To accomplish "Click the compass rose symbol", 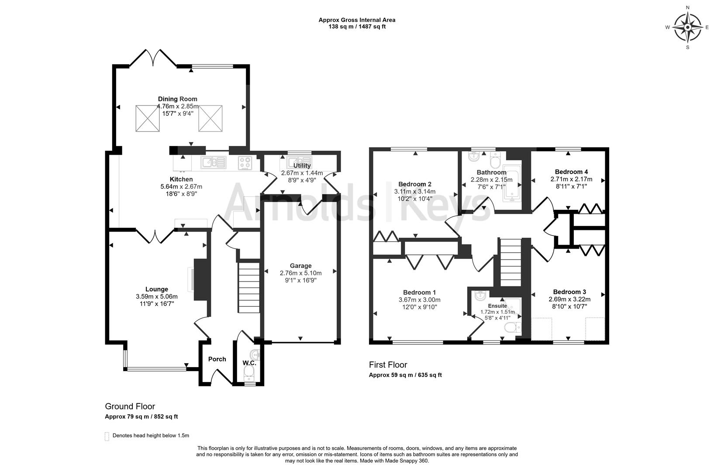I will pyautogui.click(x=687, y=27).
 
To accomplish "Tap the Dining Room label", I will pyautogui.click(x=177, y=99).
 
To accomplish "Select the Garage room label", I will pyautogui.click(x=300, y=266).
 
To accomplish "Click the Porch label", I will pyautogui.click(x=217, y=359).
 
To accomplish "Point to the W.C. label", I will pyautogui.click(x=249, y=363).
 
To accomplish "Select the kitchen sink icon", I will pyautogui.click(x=214, y=163).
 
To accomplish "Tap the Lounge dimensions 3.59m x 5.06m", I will pyautogui.click(x=157, y=296).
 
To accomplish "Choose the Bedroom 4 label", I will pyautogui.click(x=568, y=172).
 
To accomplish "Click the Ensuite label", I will pyautogui.click(x=497, y=306).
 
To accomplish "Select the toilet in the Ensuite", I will pyautogui.click(x=511, y=328).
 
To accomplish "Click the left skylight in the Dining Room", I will pyautogui.click(x=148, y=118).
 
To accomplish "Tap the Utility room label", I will pyautogui.click(x=302, y=166).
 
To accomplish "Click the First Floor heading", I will pyautogui.click(x=388, y=365).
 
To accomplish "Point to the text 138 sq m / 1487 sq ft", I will pyautogui.click(x=357, y=27).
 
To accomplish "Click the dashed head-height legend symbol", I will pyautogui.click(x=107, y=436).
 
